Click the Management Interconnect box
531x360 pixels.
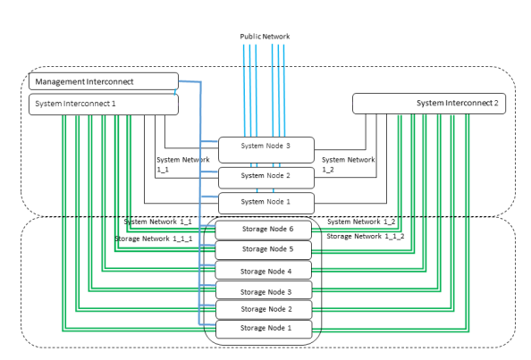tap(104, 81)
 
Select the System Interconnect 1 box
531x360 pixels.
tap(104, 105)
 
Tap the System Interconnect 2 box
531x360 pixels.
tap(429, 104)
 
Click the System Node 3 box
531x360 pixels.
tap(266, 150)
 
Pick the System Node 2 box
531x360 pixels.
tap(266, 178)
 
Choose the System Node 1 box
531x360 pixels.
tap(266, 203)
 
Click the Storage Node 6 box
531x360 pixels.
tap(264, 230)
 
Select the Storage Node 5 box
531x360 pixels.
tap(264, 250)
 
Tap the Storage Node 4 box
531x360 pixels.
tap(264, 270)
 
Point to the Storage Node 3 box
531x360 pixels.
tap(264, 290)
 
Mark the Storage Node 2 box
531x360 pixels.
tap(264, 310)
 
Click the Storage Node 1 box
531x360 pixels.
tap(264, 330)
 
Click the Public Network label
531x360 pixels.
tap(265, 37)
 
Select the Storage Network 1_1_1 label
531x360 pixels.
tap(154, 239)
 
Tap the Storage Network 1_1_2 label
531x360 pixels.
tap(366, 236)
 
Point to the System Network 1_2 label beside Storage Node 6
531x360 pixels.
tap(361, 222)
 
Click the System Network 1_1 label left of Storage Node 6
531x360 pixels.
tap(158, 222)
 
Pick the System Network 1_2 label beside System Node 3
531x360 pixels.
tap(348, 164)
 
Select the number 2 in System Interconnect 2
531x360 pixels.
tap(496, 103)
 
